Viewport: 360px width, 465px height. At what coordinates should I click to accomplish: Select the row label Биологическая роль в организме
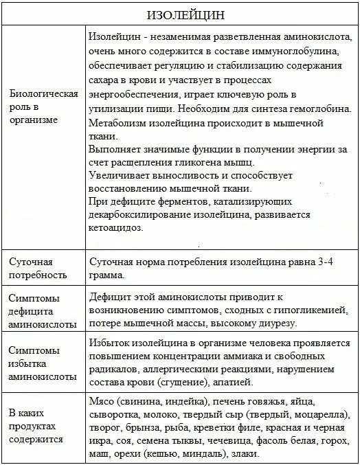(x=42, y=106)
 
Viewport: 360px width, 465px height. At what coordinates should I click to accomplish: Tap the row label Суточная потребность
(x=37, y=269)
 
